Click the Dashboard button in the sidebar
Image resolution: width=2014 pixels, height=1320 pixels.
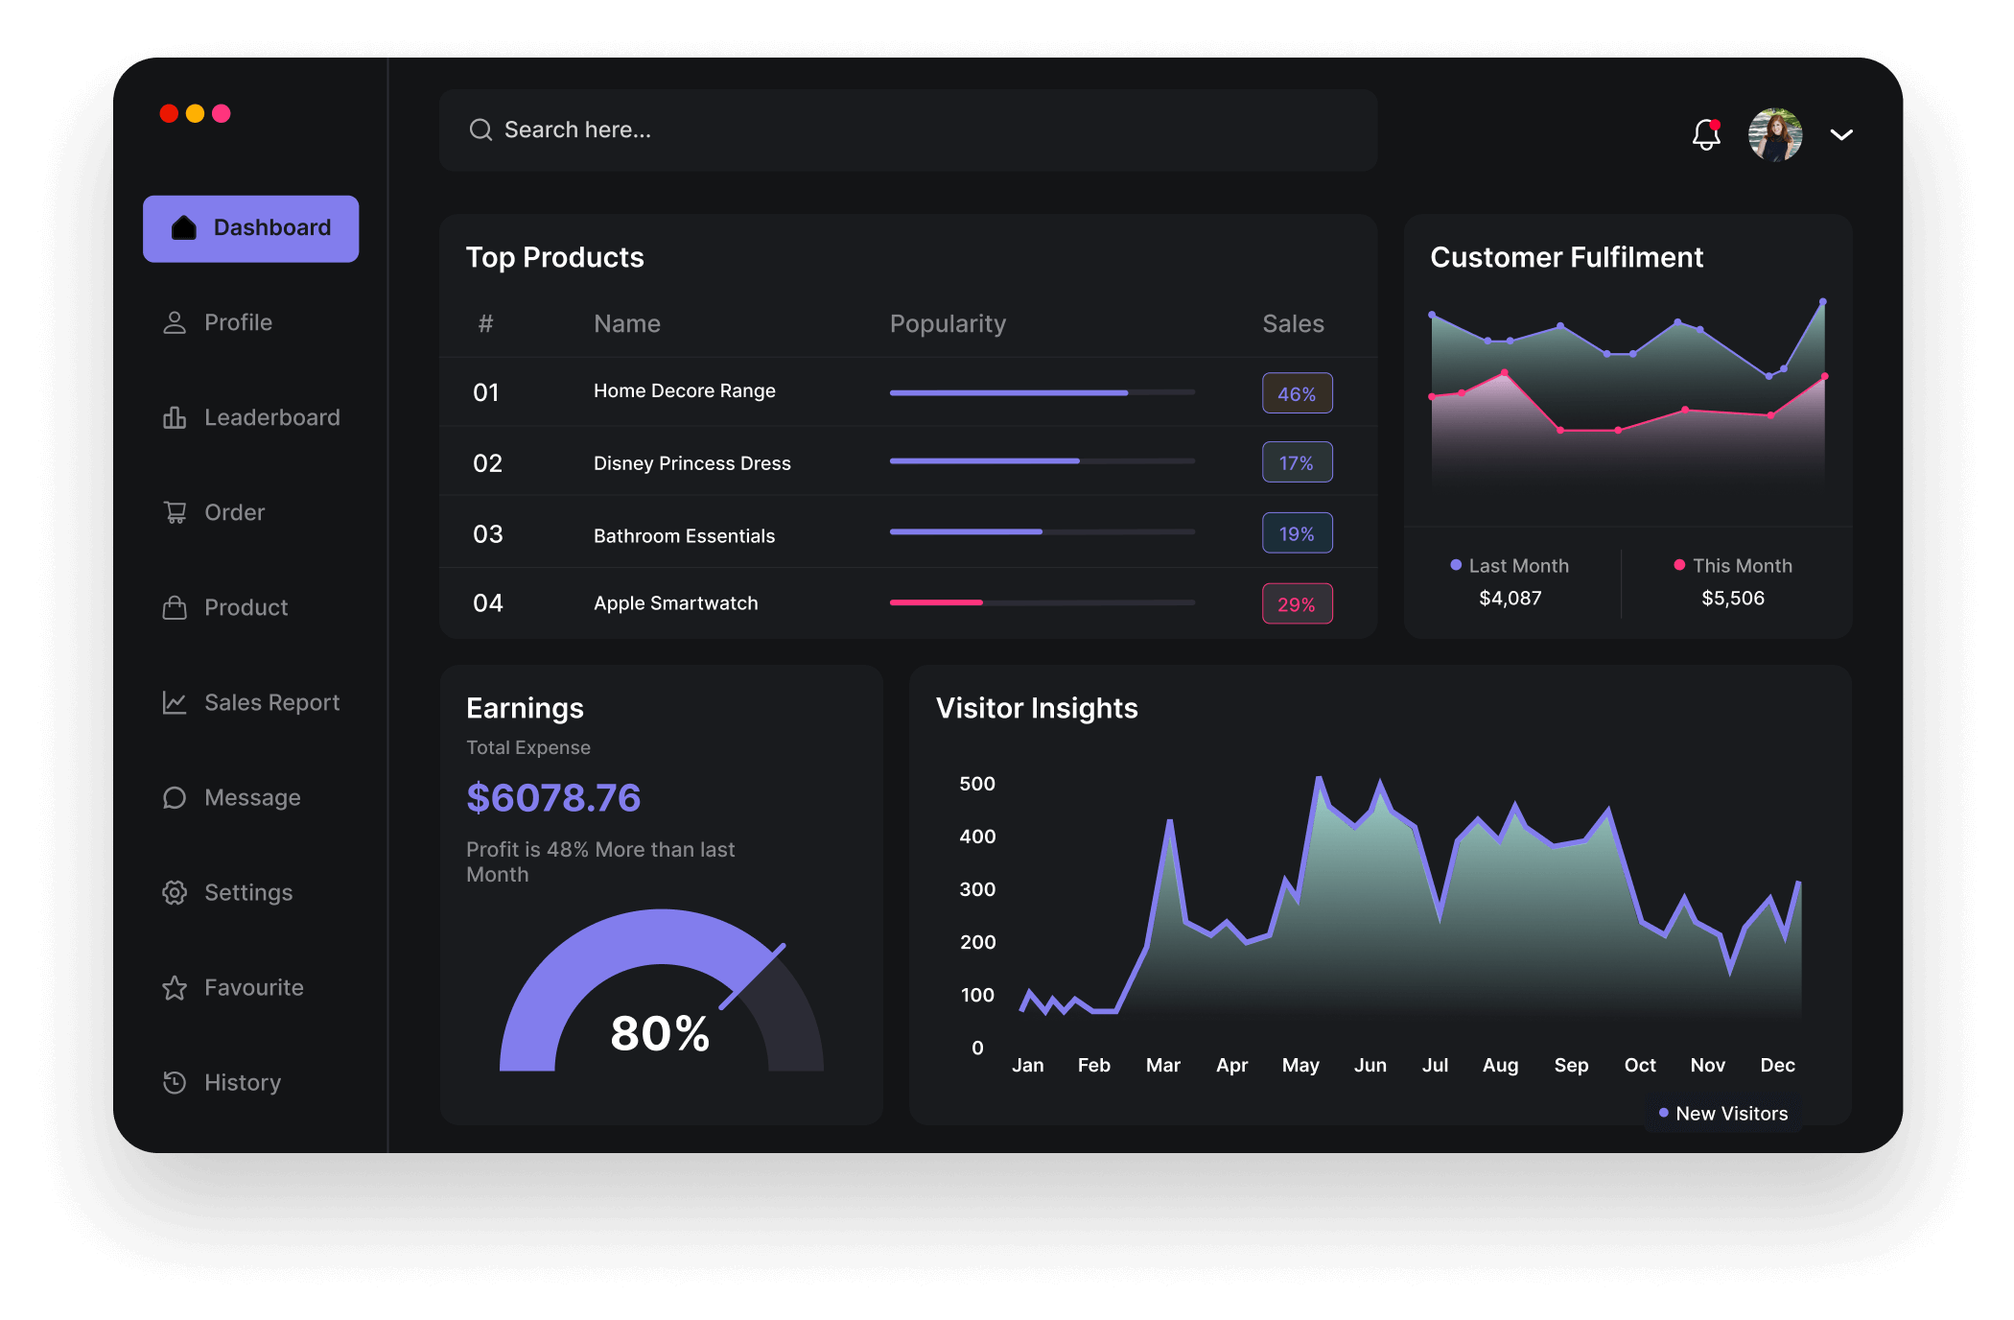coord(251,228)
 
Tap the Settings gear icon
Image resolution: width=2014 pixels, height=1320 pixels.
coord(175,892)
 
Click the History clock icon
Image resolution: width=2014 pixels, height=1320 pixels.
coord(175,1082)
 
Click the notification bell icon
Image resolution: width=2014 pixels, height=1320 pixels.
coord(1706,134)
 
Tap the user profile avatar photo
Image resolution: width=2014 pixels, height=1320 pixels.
coord(1774,134)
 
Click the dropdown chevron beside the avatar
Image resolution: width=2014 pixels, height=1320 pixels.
coord(1841,134)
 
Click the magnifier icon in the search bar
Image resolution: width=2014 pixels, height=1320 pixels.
coord(480,130)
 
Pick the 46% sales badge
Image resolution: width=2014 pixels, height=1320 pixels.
coord(1297,393)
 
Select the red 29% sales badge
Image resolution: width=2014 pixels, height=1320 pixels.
coord(1297,604)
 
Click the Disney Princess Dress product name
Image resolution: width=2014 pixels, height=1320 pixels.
coord(692,463)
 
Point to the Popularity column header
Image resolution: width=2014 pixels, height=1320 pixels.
coord(948,323)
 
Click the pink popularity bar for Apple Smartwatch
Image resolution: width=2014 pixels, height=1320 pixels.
coord(936,602)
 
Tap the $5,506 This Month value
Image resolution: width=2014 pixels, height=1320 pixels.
coord(1732,599)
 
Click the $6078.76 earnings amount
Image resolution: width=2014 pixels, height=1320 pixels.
coord(553,798)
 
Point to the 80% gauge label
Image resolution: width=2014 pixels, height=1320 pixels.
coord(660,1034)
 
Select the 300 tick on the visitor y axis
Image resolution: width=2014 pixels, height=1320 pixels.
coord(977,889)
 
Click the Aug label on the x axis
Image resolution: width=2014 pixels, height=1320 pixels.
coord(1500,1065)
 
